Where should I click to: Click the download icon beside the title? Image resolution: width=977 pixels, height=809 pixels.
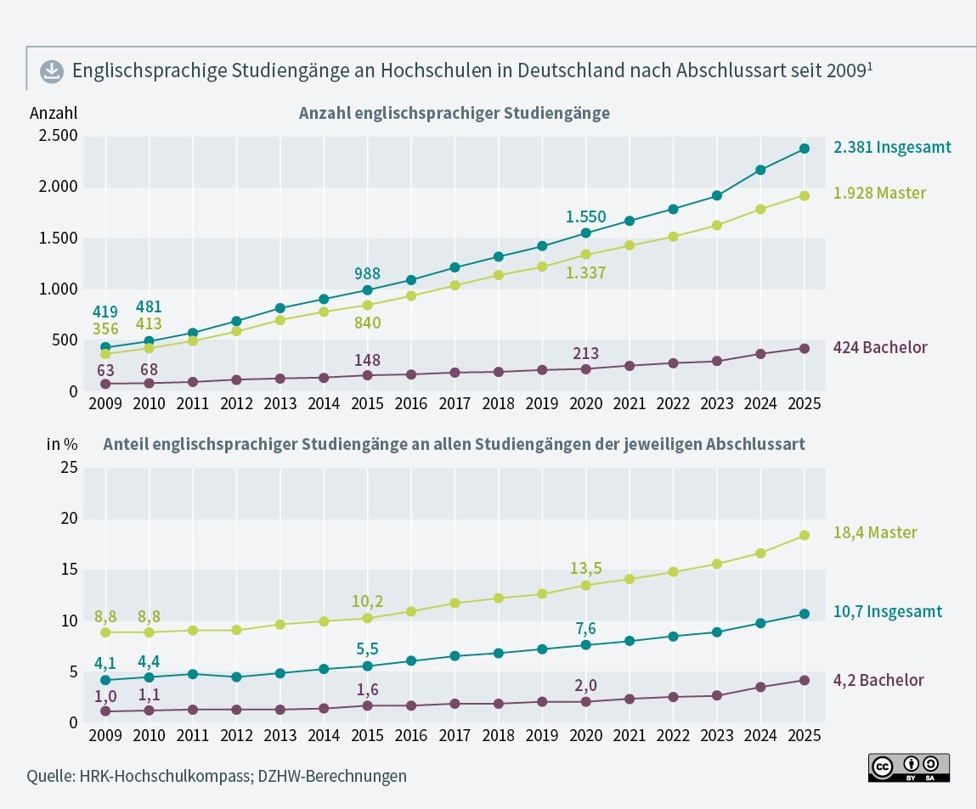pos(51,71)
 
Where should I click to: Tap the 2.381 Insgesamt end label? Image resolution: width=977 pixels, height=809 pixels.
pos(892,147)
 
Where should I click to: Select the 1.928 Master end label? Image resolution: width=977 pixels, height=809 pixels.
pos(879,194)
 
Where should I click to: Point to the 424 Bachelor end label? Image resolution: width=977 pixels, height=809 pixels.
pos(880,347)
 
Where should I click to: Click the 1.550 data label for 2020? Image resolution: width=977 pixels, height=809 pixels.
pos(586,217)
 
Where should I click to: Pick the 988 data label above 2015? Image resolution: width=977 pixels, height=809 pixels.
pos(366,274)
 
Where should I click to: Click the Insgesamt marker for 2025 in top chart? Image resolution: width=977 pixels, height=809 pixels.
pos(805,149)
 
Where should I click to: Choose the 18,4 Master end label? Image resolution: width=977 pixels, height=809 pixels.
pos(875,533)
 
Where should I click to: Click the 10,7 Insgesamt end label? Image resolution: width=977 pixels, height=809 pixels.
pos(887,611)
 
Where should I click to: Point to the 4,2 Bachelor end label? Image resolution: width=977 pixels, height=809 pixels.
pos(878,680)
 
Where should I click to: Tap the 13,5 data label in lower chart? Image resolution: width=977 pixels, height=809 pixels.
pos(586,567)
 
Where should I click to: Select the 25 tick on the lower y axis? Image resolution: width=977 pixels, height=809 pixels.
pos(70,468)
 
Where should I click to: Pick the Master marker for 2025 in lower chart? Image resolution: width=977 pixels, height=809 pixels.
pos(805,535)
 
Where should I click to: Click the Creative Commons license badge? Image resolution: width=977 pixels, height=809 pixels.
pos(908,767)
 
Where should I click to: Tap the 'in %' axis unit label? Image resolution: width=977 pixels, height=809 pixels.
pos(62,443)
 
